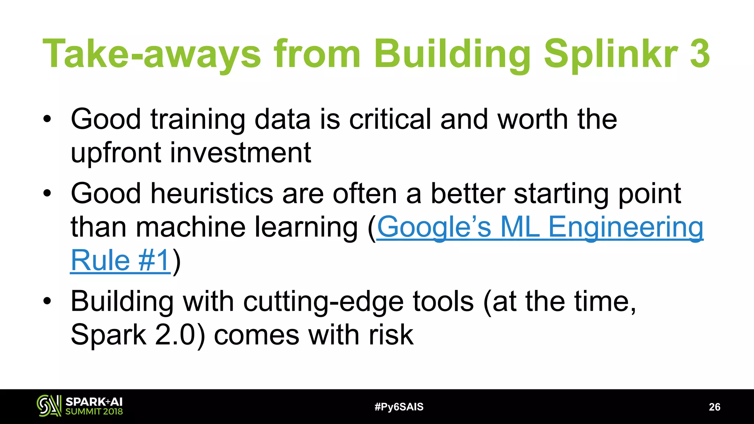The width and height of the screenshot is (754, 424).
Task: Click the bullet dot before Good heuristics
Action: [47, 193]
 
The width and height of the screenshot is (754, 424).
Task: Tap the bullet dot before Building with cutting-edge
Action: [47, 301]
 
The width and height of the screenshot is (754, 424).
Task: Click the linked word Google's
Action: [434, 227]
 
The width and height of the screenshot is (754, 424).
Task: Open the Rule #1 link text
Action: [120, 261]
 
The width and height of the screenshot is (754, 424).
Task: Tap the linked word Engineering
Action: [626, 227]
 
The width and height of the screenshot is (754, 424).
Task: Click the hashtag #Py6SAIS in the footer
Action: [399, 407]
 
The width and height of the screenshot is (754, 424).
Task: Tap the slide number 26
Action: [714, 407]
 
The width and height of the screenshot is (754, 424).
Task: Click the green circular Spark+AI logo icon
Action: [49, 406]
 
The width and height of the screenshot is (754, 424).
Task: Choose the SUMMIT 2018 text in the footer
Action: [94, 411]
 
